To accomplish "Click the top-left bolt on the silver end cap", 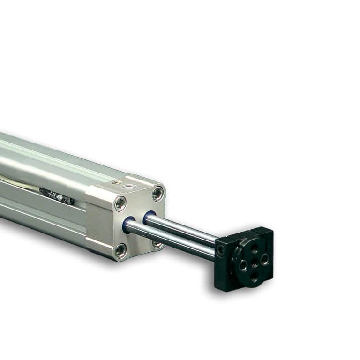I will (x=120, y=203).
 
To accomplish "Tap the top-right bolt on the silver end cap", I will (x=158, y=193).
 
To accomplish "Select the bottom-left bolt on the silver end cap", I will (x=121, y=250).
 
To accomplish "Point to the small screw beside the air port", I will (x=115, y=182).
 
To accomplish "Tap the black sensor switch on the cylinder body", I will (x=56, y=195).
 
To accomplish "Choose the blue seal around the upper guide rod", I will (x=150, y=217).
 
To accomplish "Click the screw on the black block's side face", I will (x=220, y=250).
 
